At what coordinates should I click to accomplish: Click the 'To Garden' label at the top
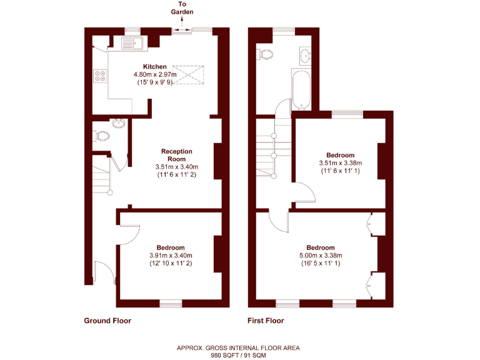(182, 8)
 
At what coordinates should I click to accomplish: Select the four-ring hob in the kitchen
(100, 76)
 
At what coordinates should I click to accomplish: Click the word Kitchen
(155, 66)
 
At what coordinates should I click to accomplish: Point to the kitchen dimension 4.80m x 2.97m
(155, 74)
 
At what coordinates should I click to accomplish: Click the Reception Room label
(177, 155)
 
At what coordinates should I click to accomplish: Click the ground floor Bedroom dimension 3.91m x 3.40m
(171, 255)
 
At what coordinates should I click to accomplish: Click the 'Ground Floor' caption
(107, 321)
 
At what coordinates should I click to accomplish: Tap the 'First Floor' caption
(265, 321)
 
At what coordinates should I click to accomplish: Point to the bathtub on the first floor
(297, 89)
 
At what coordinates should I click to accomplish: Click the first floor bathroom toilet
(265, 54)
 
